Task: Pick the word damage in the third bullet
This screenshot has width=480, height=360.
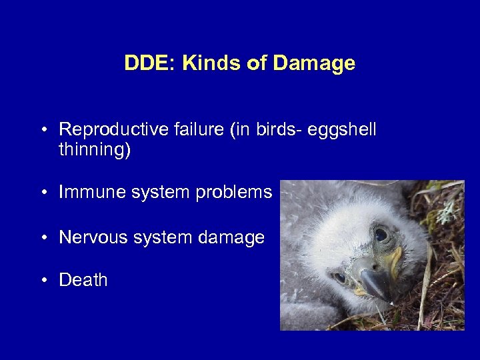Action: [235, 238]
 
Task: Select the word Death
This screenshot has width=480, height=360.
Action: [83, 280]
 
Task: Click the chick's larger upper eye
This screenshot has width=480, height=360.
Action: [381, 234]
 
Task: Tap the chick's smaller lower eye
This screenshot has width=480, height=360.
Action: [339, 277]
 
